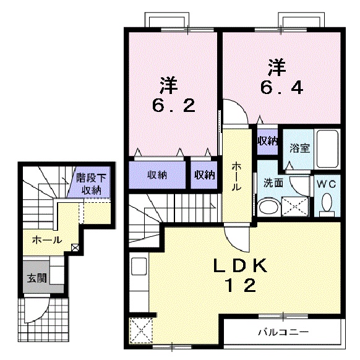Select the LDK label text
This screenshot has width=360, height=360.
[239, 266]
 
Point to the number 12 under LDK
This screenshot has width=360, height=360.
[240, 286]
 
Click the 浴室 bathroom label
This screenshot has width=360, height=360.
[300, 148]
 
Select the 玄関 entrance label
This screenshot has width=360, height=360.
[36, 278]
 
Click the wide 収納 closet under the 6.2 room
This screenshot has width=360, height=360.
[157, 175]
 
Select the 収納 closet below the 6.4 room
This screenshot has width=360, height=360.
[267, 140]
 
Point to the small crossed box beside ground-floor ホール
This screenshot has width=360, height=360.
[75, 247]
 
